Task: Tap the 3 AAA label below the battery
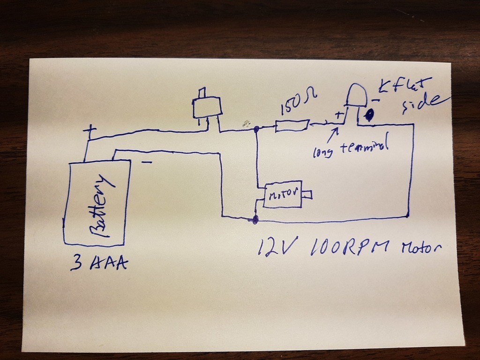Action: coord(99,263)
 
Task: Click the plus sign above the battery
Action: coord(89,131)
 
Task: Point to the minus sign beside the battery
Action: coord(146,162)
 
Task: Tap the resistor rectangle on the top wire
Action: coord(292,126)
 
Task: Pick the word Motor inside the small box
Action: coord(282,194)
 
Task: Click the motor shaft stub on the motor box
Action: coord(307,194)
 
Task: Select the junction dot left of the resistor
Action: coord(256,128)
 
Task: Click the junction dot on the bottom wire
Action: coord(255,219)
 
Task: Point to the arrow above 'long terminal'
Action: coord(333,134)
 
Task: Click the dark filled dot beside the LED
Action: coord(369,114)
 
